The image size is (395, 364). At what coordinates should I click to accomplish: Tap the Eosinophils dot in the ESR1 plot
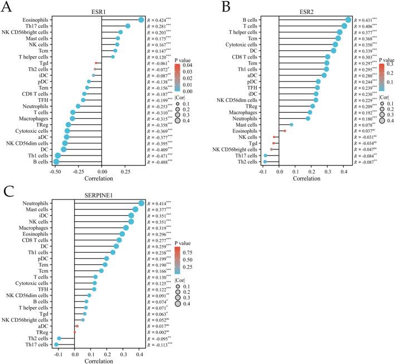[141, 20]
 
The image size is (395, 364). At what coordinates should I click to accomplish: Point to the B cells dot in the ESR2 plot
[348, 20]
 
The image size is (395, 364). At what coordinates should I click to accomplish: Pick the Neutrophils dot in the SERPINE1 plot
[142, 203]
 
